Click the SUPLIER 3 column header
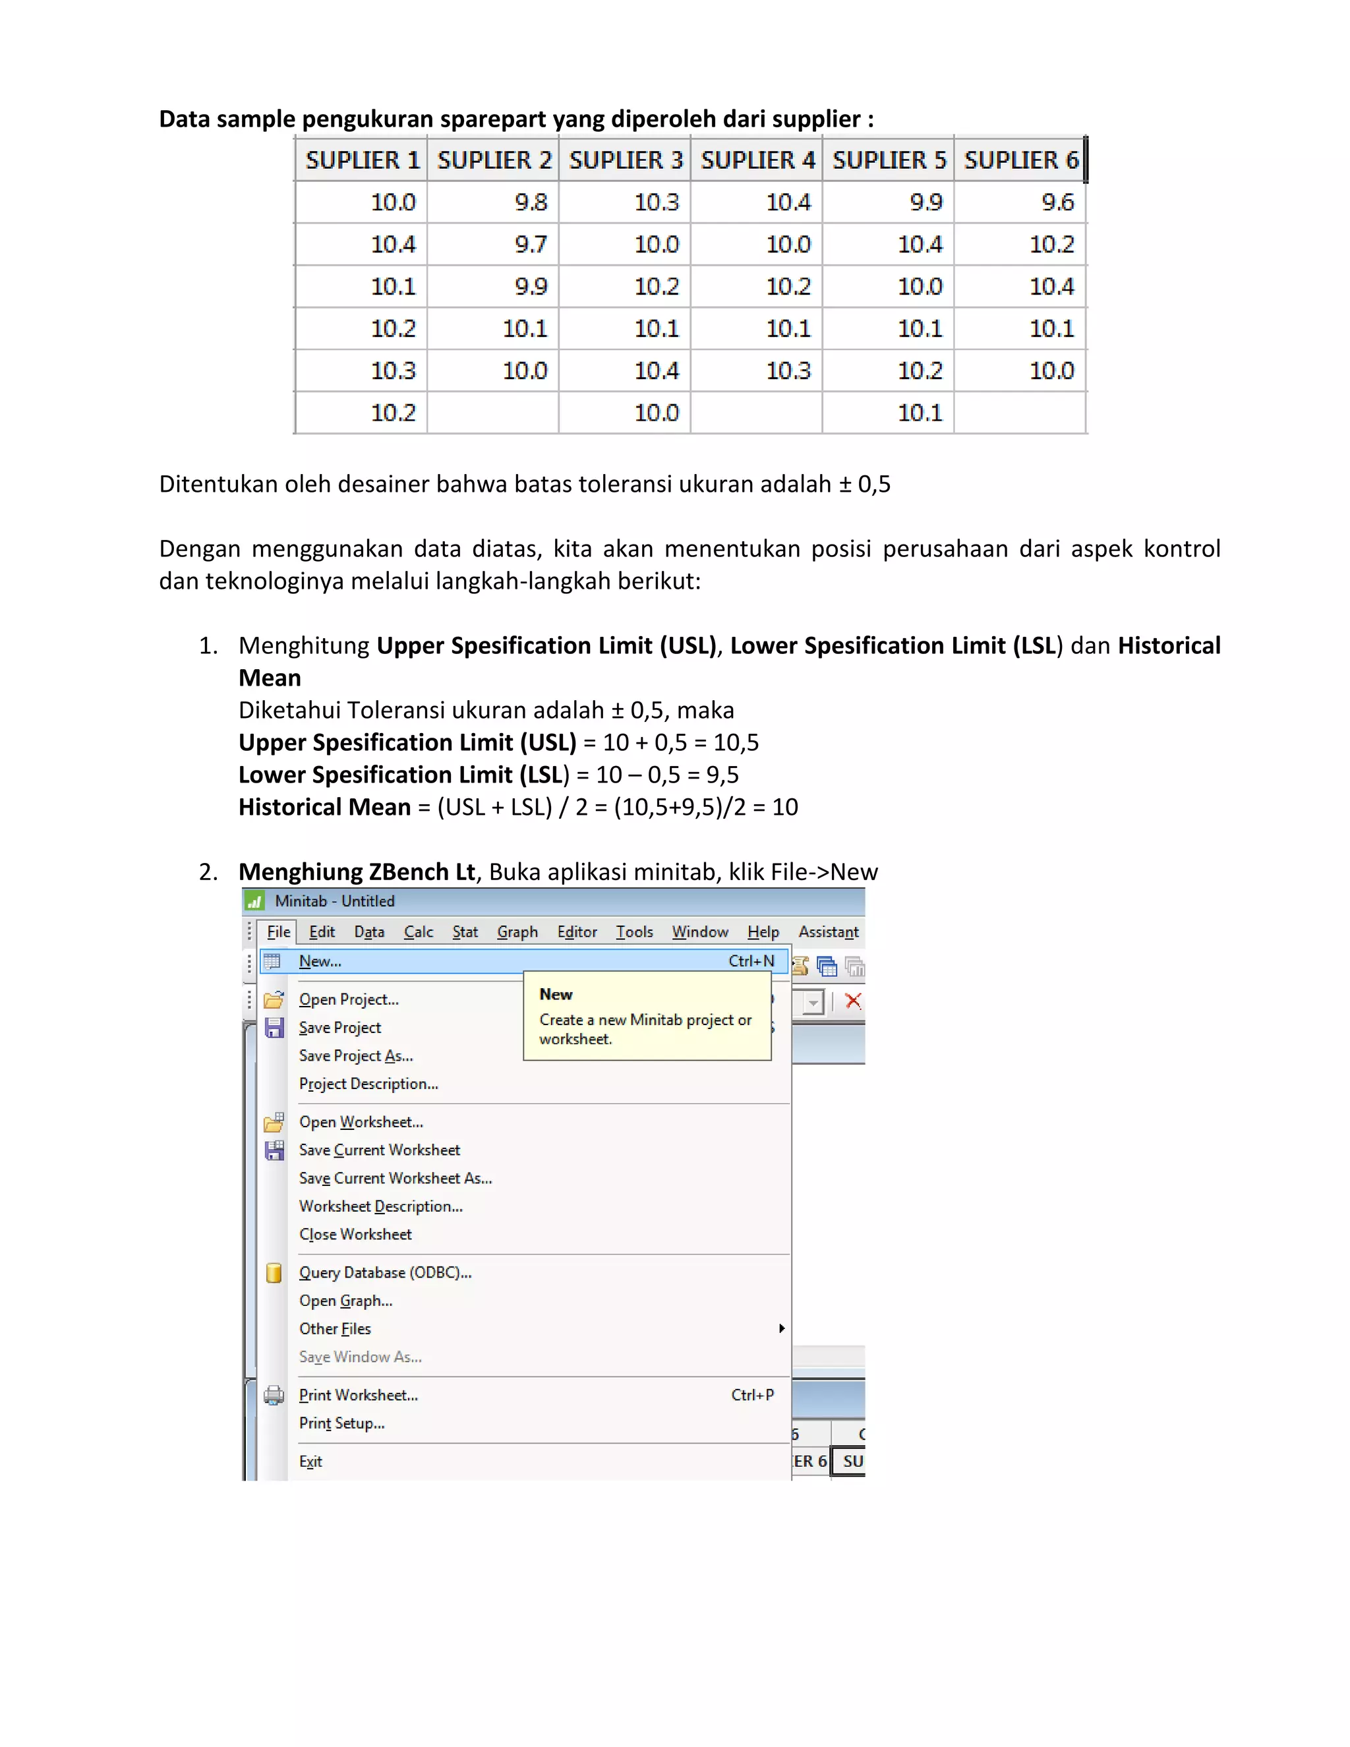point(626,160)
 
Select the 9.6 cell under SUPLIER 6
point(1057,202)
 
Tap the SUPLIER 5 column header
point(889,160)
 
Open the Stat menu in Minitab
point(465,932)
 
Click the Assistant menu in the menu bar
point(828,932)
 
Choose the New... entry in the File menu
point(320,961)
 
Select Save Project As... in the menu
point(356,1056)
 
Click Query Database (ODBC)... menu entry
point(386,1272)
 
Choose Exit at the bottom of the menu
point(310,1462)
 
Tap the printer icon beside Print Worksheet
point(274,1396)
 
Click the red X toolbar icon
point(854,1001)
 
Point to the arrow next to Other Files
point(781,1328)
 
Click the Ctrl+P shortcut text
point(751,1395)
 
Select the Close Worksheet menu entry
point(355,1234)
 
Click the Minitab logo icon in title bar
point(254,901)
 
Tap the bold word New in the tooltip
point(556,994)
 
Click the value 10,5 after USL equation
point(736,742)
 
